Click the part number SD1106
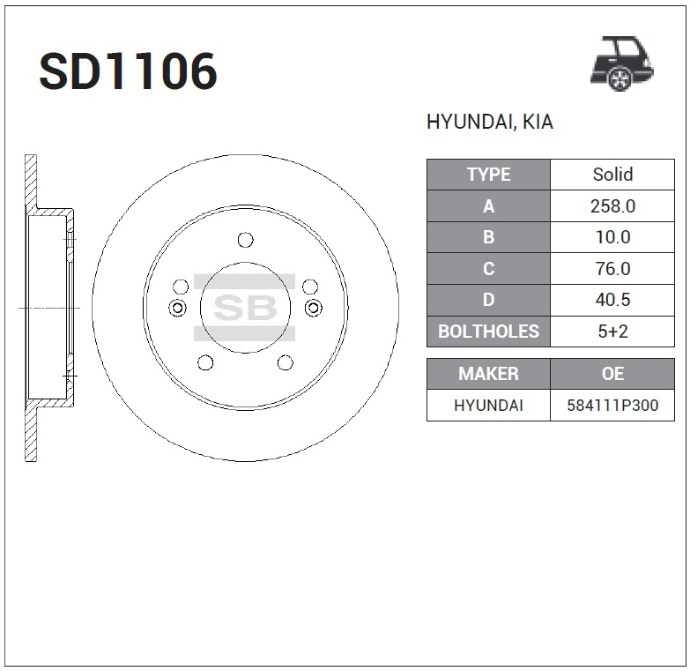tap(128, 71)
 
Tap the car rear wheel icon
tap(622, 63)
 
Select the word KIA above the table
tap(538, 122)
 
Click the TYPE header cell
tap(488, 175)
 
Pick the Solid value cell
tap(612, 175)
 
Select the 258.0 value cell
tap(612, 206)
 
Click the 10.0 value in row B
tap(612, 237)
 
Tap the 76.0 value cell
tap(612, 269)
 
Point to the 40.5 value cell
tap(612, 300)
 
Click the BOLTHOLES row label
tap(488, 332)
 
